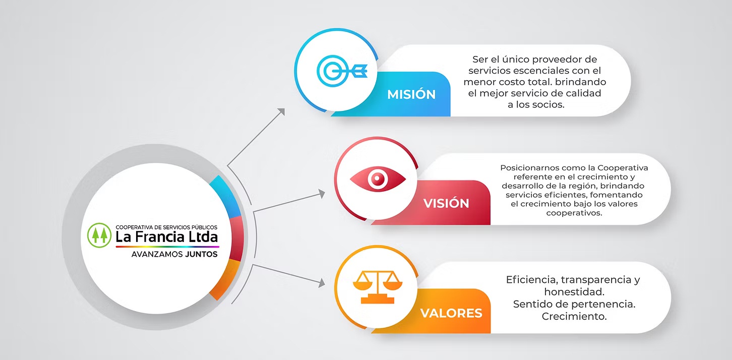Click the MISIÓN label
pyautogui.click(x=411, y=94)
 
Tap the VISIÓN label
pyautogui.click(x=446, y=203)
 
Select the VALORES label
pyautogui.click(x=451, y=313)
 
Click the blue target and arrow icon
pyautogui.click(x=342, y=71)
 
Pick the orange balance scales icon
pyautogui.click(x=378, y=286)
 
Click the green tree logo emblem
pyautogui.click(x=99, y=235)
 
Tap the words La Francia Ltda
pyautogui.click(x=167, y=237)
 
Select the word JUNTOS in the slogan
pyautogui.click(x=201, y=254)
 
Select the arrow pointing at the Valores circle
pyautogui.click(x=287, y=275)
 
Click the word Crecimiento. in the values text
pyautogui.click(x=574, y=317)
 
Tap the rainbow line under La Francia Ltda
pyautogui.click(x=167, y=247)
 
